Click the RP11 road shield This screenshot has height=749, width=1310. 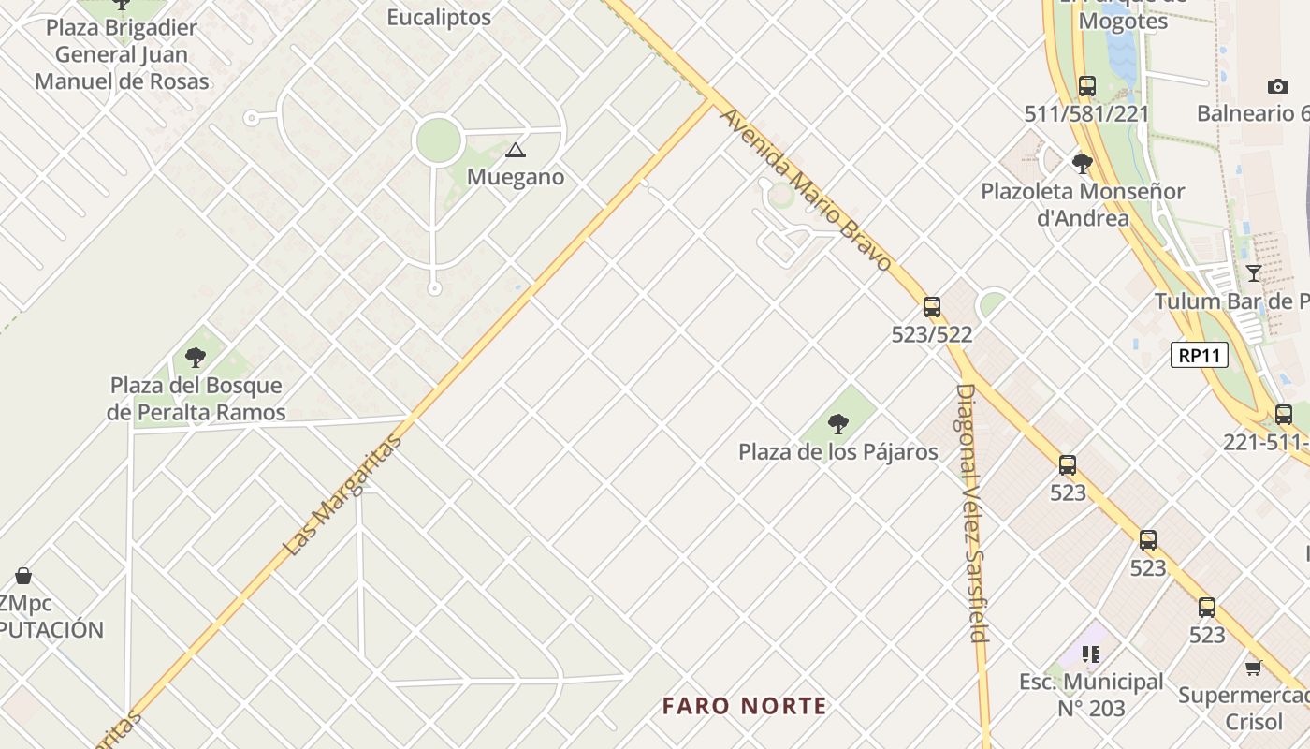(1199, 356)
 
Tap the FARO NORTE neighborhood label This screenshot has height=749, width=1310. (745, 706)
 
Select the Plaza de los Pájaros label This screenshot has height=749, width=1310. (837, 452)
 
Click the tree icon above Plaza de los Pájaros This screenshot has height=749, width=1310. (837, 425)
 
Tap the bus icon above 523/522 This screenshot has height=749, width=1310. (931, 306)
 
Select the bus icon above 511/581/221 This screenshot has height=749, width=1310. (1086, 86)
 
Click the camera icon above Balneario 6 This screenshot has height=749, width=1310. (1277, 86)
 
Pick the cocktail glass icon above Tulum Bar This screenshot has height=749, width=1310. (1253, 272)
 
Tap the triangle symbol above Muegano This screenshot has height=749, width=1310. (515, 150)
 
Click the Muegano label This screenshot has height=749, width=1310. (516, 176)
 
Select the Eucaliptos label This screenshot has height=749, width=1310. (439, 17)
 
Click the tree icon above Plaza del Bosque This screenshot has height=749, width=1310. (195, 357)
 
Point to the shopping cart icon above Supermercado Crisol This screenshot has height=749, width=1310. (1253, 668)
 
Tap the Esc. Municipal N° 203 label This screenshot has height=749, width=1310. (1091, 695)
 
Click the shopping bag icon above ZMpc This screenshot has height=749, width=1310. (23, 575)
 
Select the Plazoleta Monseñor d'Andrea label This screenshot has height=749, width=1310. (1083, 204)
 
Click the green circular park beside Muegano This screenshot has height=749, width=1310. (438, 140)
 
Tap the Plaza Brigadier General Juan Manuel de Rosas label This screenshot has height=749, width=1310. (122, 54)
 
